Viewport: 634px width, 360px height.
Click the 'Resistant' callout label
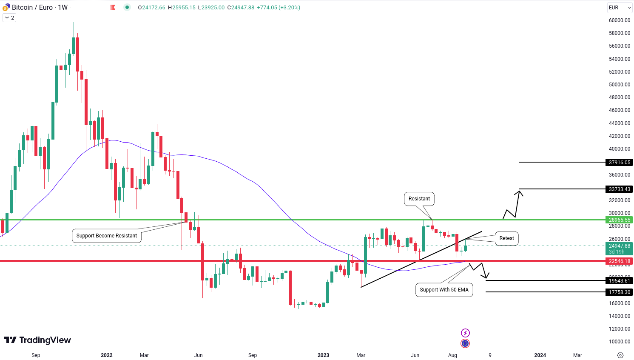click(419, 199)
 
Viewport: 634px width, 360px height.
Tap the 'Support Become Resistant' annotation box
click(107, 236)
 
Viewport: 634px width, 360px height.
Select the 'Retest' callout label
click(506, 238)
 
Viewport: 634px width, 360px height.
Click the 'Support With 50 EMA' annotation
click(444, 290)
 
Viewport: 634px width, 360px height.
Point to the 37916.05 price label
click(619, 163)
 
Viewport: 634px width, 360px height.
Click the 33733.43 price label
click(619, 189)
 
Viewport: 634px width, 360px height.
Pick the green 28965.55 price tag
click(619, 220)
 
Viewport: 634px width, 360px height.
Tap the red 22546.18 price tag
click(619, 261)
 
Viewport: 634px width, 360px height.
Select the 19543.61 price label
click(619, 281)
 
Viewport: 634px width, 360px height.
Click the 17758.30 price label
click(619, 292)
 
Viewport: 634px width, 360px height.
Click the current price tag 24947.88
click(619, 246)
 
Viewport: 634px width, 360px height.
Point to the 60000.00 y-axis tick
click(619, 20)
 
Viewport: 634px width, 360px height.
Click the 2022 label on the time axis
click(107, 355)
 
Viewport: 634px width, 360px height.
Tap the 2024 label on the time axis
click(540, 355)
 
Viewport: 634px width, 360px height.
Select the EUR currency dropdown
click(620, 8)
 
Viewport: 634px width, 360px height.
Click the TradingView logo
click(37, 340)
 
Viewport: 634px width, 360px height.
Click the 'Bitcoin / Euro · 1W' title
click(40, 8)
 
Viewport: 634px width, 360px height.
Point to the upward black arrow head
click(519, 193)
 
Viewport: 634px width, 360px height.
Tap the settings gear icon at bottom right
click(620, 355)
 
